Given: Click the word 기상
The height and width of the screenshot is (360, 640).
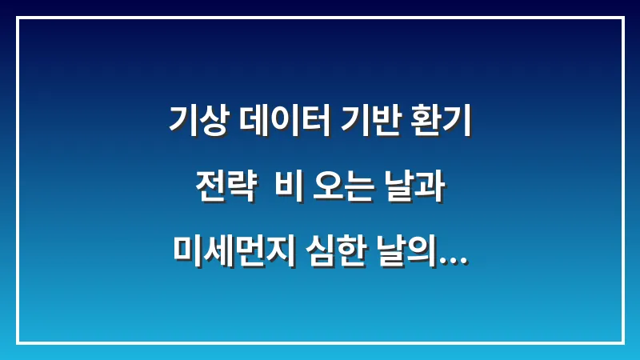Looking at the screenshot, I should pos(197,122).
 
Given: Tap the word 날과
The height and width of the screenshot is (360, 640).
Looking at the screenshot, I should pos(409,186).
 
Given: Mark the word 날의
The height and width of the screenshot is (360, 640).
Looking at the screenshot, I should pos(403,250).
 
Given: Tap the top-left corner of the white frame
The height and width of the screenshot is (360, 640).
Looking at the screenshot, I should pos(18,18).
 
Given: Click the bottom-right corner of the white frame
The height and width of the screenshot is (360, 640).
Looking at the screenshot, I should pos(622,342).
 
